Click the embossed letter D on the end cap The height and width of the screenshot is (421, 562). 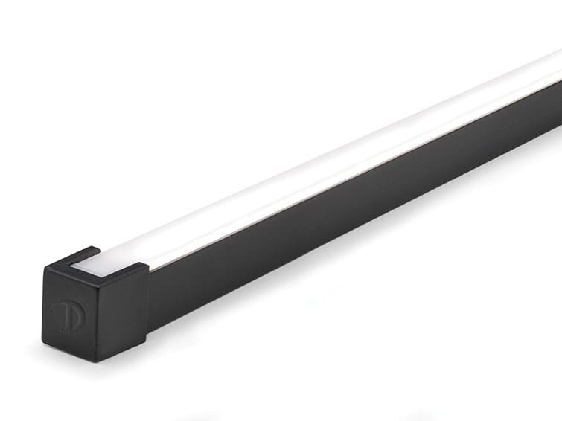pos(68,314)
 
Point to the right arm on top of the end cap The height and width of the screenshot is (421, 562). pos(133,267)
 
